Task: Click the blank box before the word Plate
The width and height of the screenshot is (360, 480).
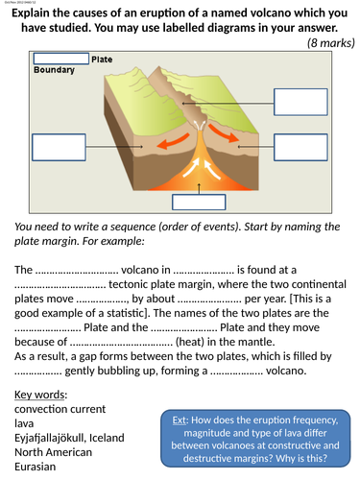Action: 60,60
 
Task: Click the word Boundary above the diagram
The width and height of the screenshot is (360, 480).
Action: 54,71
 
